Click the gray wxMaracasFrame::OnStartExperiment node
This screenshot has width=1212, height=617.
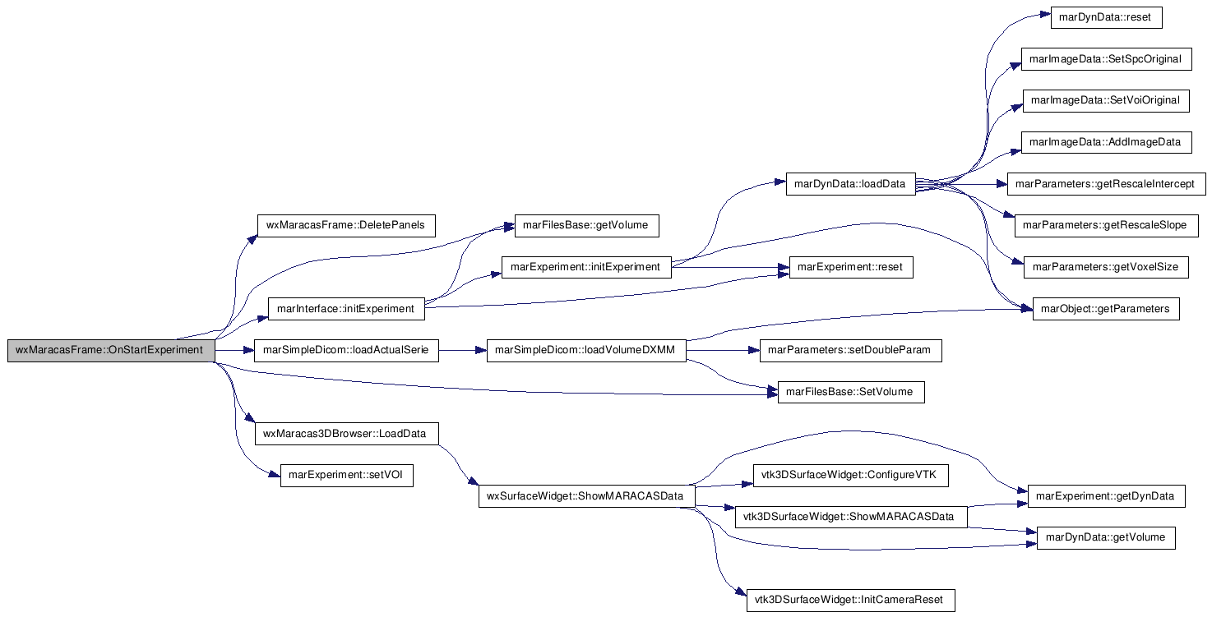(112, 351)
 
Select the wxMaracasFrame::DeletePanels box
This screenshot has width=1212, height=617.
(346, 225)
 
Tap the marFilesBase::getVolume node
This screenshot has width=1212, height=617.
(586, 225)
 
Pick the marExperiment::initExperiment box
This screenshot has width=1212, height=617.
(586, 267)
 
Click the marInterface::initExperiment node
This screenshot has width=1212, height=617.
(346, 309)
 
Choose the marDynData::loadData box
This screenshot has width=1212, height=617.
(850, 184)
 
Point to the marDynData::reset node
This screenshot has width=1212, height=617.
(1106, 17)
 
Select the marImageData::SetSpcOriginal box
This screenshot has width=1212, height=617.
(1106, 59)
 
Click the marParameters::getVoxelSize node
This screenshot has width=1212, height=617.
(1106, 267)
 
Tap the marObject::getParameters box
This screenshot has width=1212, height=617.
(1106, 309)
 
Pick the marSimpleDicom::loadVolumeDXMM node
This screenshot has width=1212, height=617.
(586, 351)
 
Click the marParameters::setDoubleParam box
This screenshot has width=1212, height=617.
(850, 351)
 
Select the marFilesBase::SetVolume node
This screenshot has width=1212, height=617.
(850, 392)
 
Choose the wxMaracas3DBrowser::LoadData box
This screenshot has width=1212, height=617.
(346, 434)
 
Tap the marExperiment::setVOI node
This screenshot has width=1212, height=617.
(346, 476)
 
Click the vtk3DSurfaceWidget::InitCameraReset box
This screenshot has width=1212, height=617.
(850, 601)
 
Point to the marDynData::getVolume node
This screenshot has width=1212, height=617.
(1106, 538)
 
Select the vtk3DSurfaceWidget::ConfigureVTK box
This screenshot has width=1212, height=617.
(850, 476)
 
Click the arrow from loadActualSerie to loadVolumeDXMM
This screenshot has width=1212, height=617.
(463, 351)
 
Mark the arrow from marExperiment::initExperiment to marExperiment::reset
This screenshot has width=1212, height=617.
(730, 267)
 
